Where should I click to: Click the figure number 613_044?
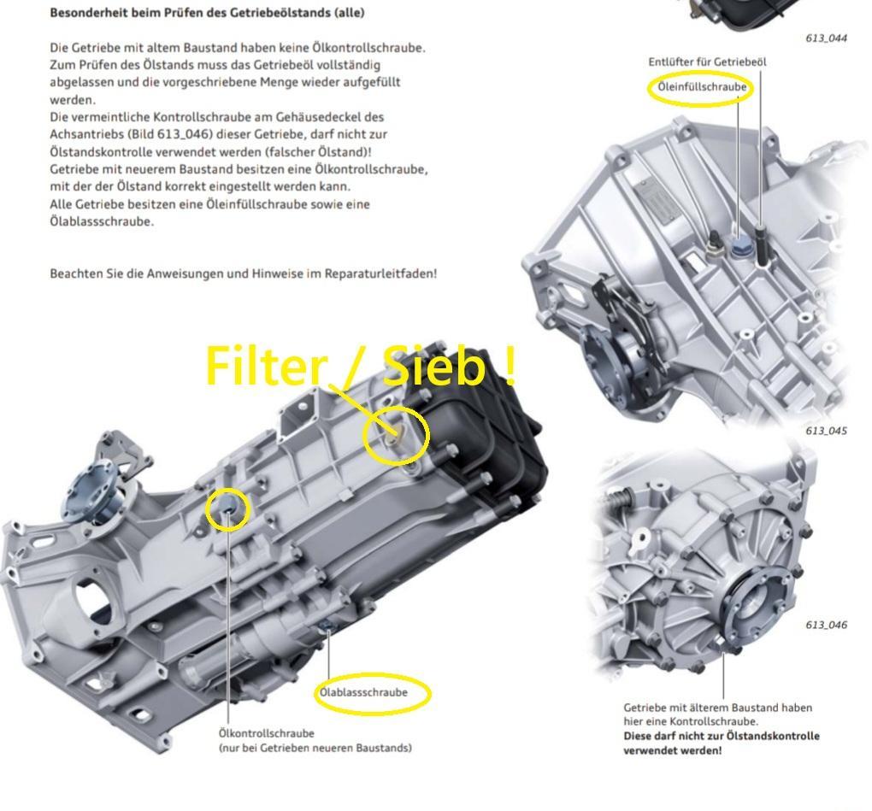point(826,38)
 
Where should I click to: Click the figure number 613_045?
point(826,431)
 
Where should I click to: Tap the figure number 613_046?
point(826,625)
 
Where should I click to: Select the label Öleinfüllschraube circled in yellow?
point(702,87)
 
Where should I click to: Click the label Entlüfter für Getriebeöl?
point(707,62)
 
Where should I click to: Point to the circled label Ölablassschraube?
point(363,692)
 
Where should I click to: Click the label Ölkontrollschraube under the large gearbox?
point(267,733)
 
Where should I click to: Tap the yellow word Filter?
point(265,365)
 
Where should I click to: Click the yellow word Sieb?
point(435,365)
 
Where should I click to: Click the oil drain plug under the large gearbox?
point(327,628)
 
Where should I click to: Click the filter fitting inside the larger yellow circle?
point(392,434)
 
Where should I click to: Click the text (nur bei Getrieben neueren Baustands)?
point(315,748)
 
